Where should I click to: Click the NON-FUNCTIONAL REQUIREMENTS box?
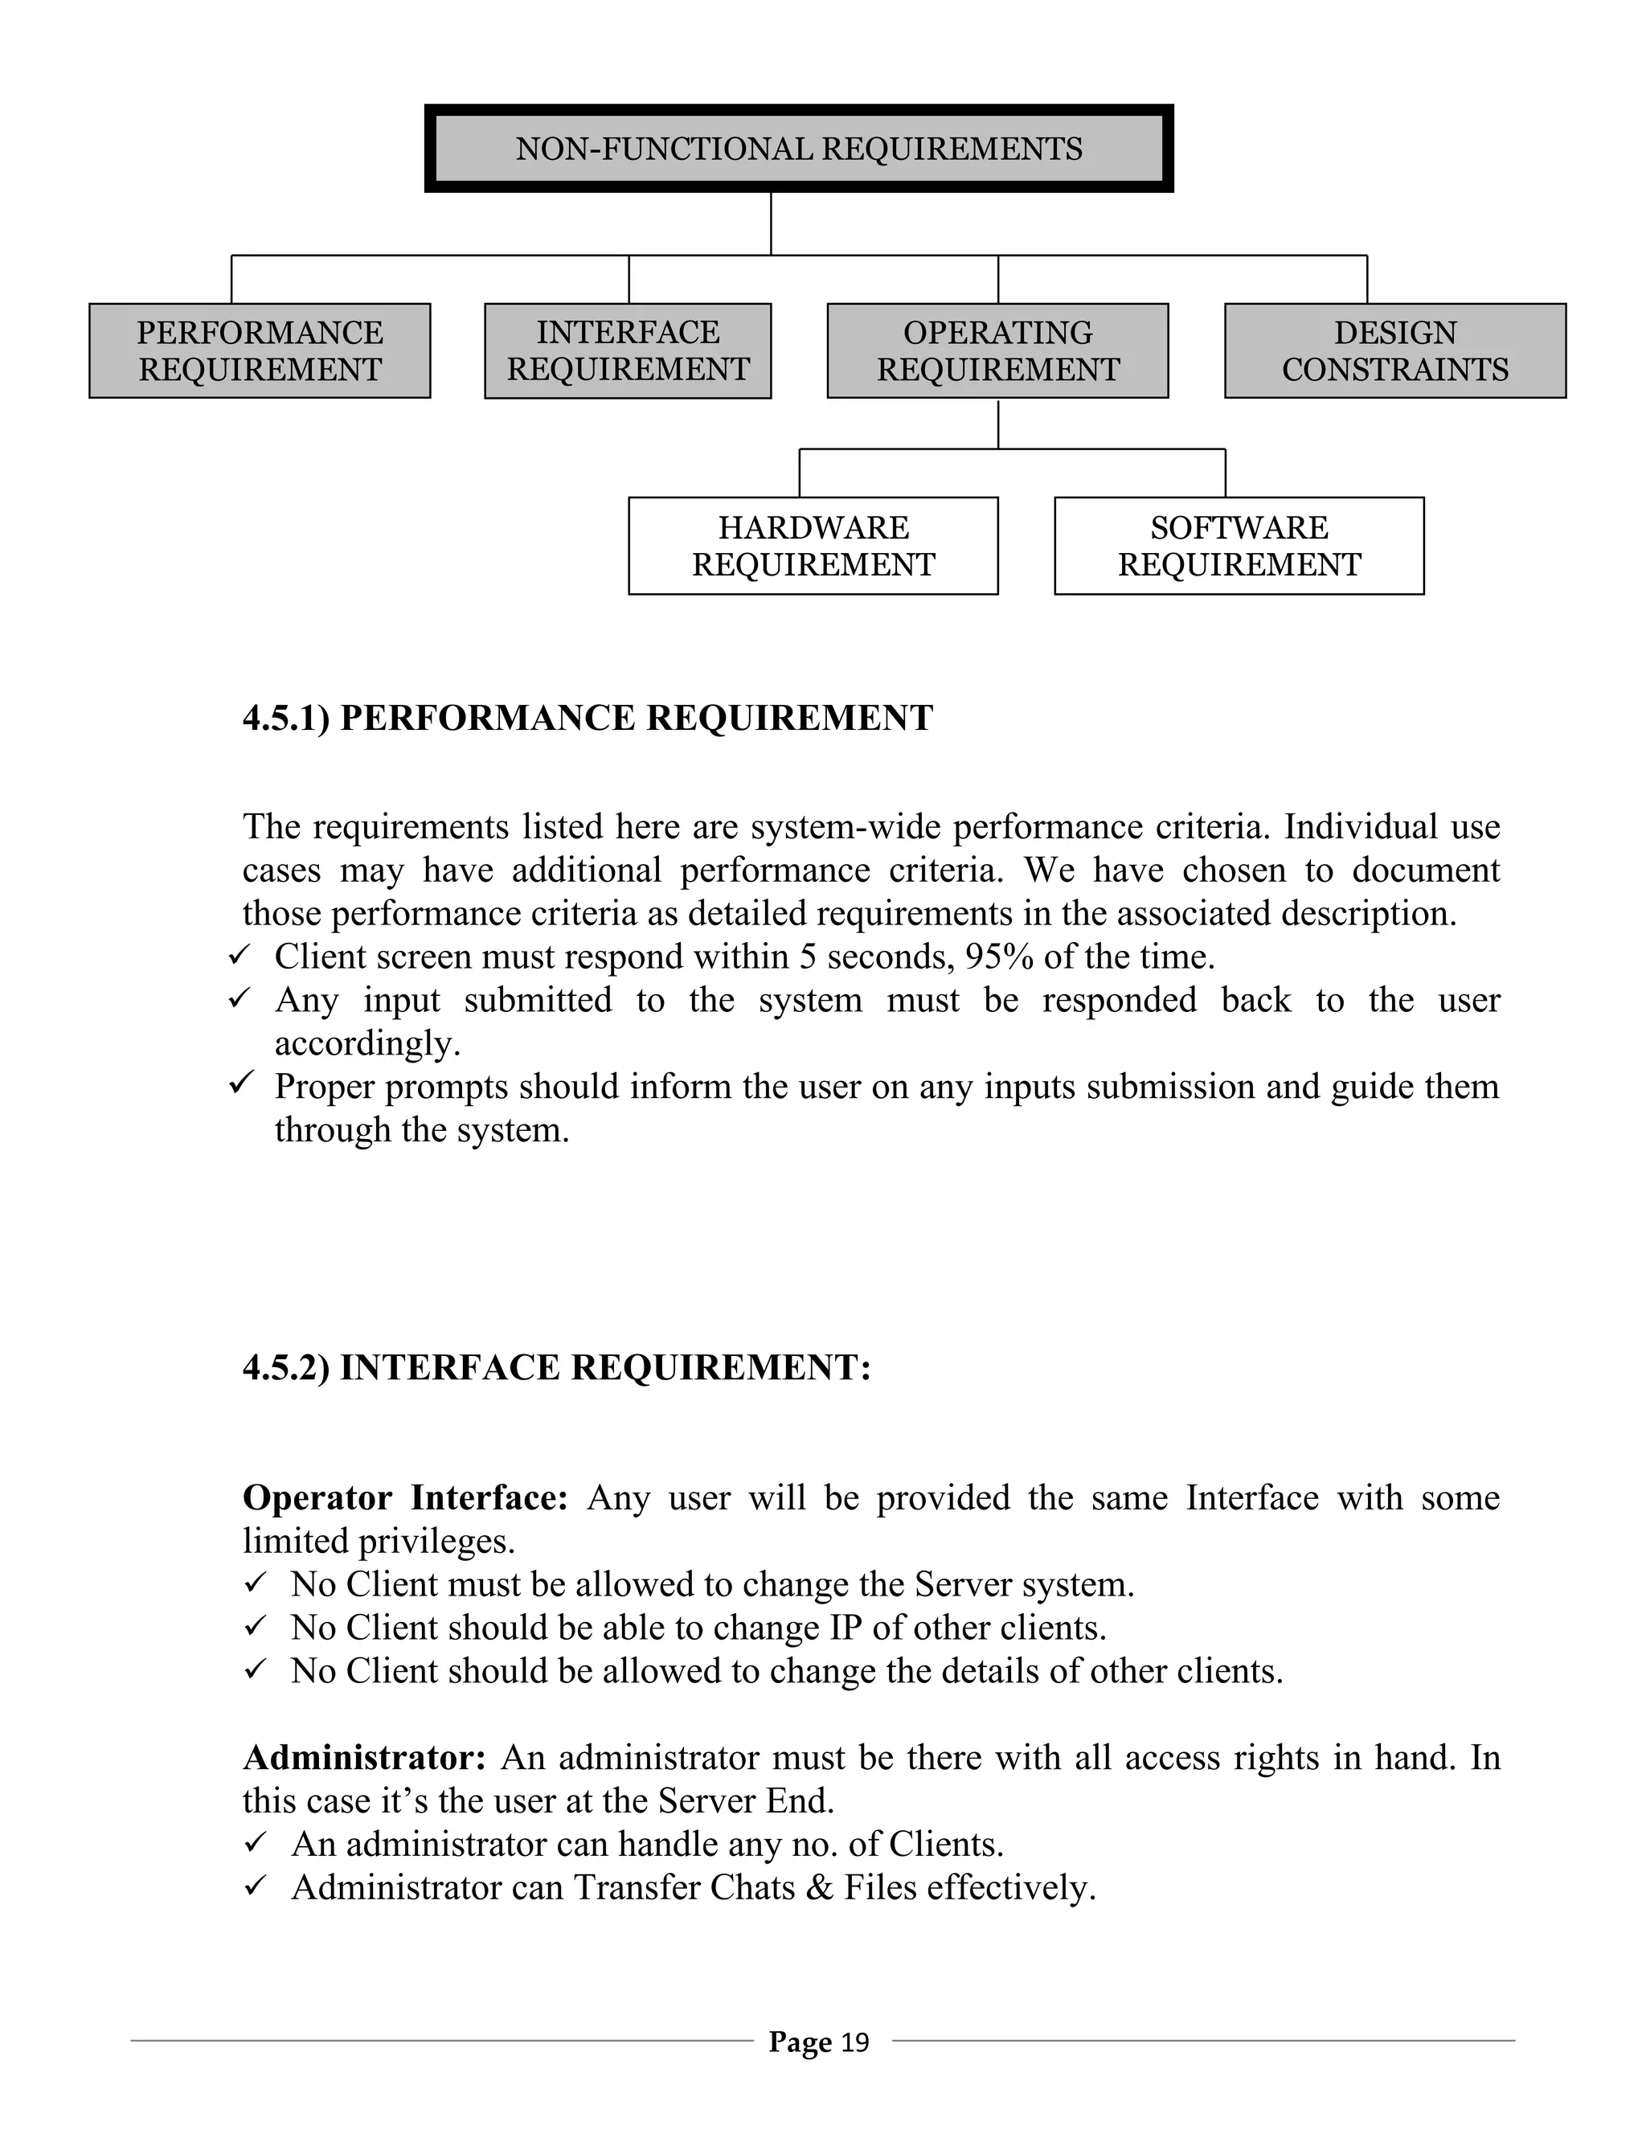799,148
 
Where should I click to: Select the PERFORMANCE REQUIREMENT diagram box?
260,351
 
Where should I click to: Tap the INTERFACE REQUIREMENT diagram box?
628,351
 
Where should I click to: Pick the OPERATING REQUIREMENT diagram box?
997,351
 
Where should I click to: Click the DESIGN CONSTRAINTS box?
1394,351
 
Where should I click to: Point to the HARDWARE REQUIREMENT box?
813,546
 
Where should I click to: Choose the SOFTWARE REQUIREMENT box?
1239,546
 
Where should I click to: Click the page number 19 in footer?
854,2042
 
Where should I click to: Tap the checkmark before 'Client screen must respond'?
240,956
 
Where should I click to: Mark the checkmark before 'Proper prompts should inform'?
240,1083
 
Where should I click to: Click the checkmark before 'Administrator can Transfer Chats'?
255,1887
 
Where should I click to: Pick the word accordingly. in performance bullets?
367,1045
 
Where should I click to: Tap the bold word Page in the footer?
800,2042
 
